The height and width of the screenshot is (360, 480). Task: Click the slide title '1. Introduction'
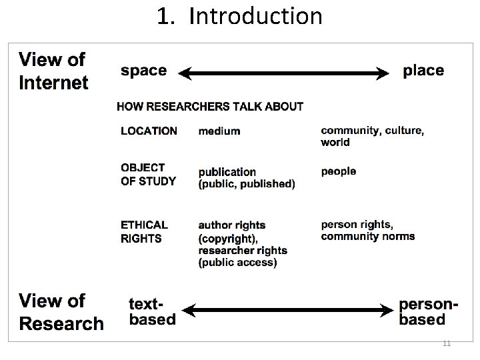click(x=239, y=16)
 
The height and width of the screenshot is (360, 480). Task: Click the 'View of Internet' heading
click(x=53, y=71)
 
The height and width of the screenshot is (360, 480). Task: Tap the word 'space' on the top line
click(x=143, y=71)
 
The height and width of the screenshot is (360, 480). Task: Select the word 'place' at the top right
click(x=423, y=71)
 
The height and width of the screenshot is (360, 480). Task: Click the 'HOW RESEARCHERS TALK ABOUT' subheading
click(x=210, y=106)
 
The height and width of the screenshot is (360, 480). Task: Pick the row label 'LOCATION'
click(x=149, y=131)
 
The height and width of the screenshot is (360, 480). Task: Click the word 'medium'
click(x=219, y=131)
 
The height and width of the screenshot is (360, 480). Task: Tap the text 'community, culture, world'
click(x=372, y=136)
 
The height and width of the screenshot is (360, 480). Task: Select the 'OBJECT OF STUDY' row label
click(x=148, y=174)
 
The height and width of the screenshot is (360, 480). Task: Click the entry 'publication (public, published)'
click(x=247, y=178)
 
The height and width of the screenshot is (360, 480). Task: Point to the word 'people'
click(x=339, y=171)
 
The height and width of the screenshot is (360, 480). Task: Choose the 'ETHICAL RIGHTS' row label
click(x=144, y=231)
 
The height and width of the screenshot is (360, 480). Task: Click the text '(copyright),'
click(x=228, y=238)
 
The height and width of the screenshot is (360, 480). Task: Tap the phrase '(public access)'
click(x=237, y=263)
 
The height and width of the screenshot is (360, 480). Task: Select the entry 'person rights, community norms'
click(x=368, y=230)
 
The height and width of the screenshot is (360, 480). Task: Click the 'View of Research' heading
click(x=61, y=312)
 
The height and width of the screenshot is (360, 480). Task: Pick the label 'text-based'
click(x=152, y=312)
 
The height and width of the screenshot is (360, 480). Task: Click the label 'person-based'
click(x=429, y=312)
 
